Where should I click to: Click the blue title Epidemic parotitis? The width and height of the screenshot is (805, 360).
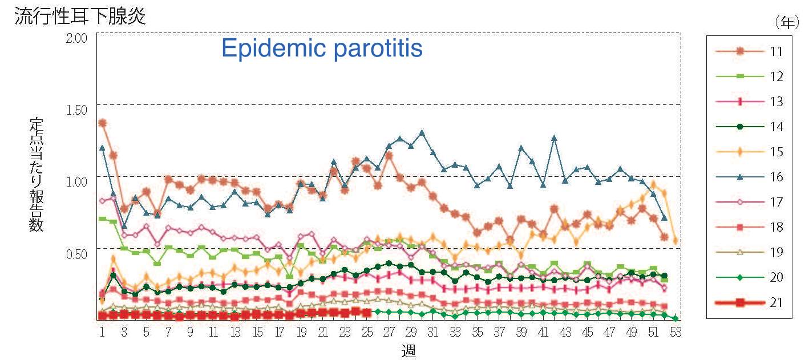[x=322, y=48]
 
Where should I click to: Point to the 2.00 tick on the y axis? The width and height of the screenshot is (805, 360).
[x=76, y=38]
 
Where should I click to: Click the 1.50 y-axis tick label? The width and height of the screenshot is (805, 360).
[x=76, y=110]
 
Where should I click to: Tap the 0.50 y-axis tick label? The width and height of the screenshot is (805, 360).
[x=76, y=253]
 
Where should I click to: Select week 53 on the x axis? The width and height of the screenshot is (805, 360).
[x=675, y=332]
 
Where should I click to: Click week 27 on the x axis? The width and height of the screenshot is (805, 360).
[x=389, y=332]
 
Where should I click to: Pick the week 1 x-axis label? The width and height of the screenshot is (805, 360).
[x=102, y=332]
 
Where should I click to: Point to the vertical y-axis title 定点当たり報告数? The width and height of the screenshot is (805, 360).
[x=37, y=175]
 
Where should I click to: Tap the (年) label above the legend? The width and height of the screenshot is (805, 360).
[x=785, y=22]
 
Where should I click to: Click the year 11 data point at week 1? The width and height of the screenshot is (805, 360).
[x=103, y=123]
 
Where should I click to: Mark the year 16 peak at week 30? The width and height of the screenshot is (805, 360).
[x=422, y=133]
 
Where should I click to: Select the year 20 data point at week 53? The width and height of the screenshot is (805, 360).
[x=675, y=318]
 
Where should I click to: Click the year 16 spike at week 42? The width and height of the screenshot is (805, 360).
[x=554, y=137]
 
